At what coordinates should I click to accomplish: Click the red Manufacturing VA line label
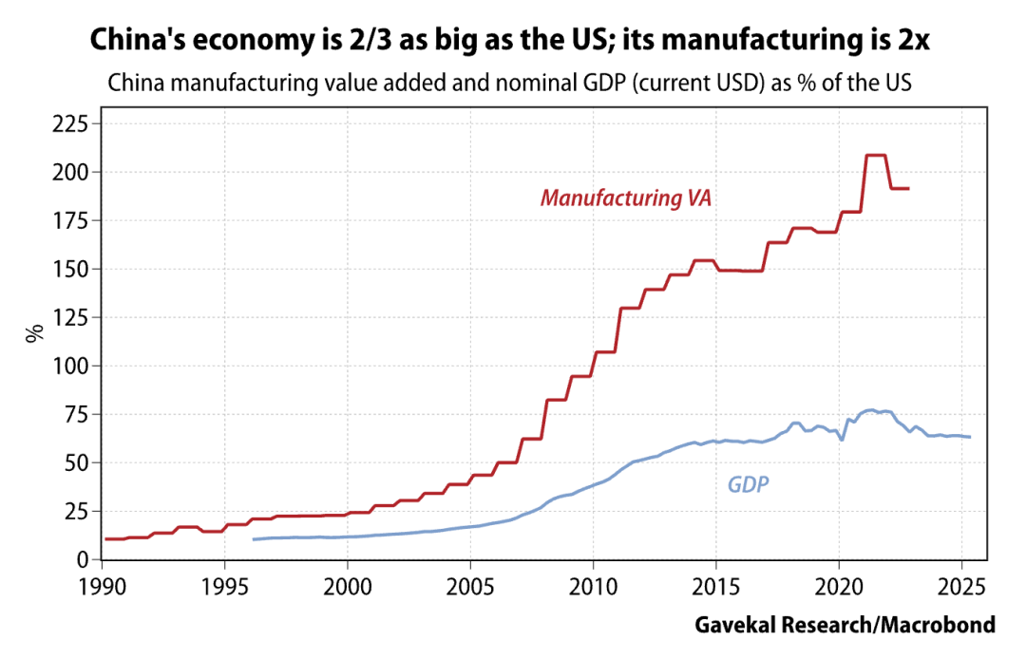[x=626, y=198]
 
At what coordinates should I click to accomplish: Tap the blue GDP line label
[x=749, y=485]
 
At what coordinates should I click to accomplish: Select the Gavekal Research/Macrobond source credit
[x=845, y=625]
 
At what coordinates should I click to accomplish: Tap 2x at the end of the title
[x=917, y=40]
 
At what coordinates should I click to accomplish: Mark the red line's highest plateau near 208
[x=876, y=155]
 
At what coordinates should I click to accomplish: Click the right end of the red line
[x=909, y=188]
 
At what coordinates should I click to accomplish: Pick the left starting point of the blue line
[x=253, y=539]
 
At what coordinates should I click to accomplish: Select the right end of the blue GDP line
[x=970, y=437]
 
